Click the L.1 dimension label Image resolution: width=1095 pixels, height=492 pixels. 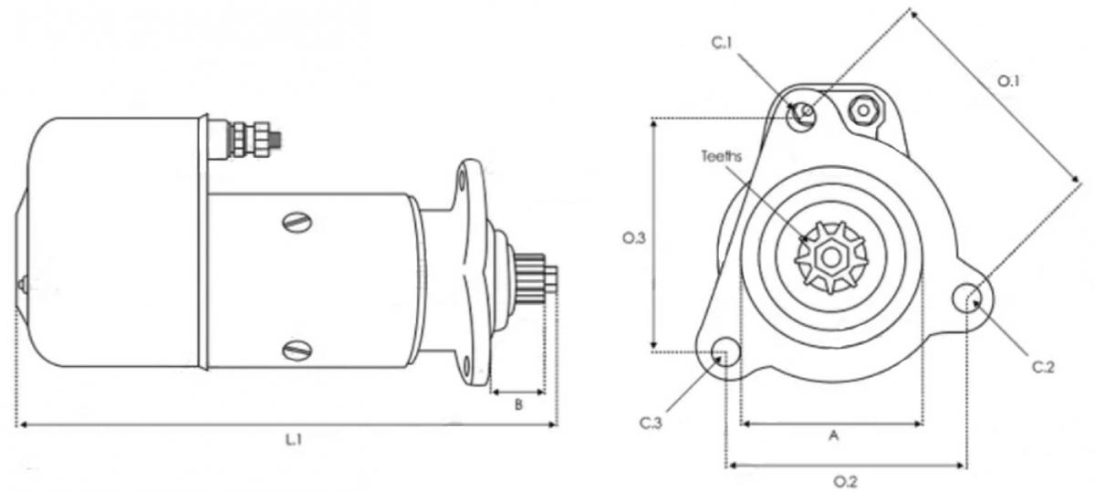click(294, 440)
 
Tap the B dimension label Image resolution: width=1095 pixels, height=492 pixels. click(518, 405)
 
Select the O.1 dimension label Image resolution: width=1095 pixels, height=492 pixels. click(1008, 81)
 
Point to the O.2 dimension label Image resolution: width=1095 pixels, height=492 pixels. click(845, 482)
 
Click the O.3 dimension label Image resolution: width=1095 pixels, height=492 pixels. click(634, 238)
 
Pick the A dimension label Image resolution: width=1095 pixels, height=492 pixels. click(834, 434)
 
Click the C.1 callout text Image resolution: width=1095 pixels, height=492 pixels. click(722, 44)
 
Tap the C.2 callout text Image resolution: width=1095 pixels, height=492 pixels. click(1043, 367)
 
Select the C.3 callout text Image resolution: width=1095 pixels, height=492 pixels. click(651, 423)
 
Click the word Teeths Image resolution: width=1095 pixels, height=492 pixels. click(722, 156)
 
